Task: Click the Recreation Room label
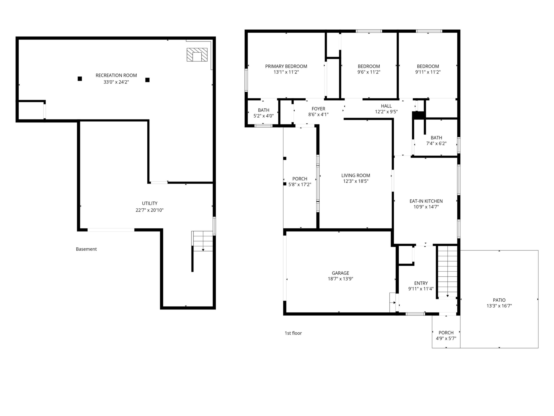(x=116, y=75)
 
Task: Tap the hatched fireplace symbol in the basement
(x=197, y=55)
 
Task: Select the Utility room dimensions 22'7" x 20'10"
(x=150, y=210)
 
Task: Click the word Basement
(x=86, y=249)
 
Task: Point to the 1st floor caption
(x=293, y=333)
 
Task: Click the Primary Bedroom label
(x=286, y=66)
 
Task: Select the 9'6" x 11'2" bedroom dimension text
(x=369, y=72)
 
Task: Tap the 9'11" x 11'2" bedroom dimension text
(x=428, y=72)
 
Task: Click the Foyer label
(x=318, y=109)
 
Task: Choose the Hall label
(x=386, y=106)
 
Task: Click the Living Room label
(x=356, y=176)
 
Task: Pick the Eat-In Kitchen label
(x=426, y=201)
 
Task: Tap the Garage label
(x=340, y=273)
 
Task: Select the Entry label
(x=421, y=283)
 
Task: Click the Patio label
(x=499, y=300)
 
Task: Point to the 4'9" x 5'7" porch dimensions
(x=446, y=338)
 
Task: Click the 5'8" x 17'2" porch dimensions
(x=300, y=184)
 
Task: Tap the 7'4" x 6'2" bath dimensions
(x=436, y=143)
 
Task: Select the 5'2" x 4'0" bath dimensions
(x=263, y=116)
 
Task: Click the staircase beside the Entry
(x=447, y=272)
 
